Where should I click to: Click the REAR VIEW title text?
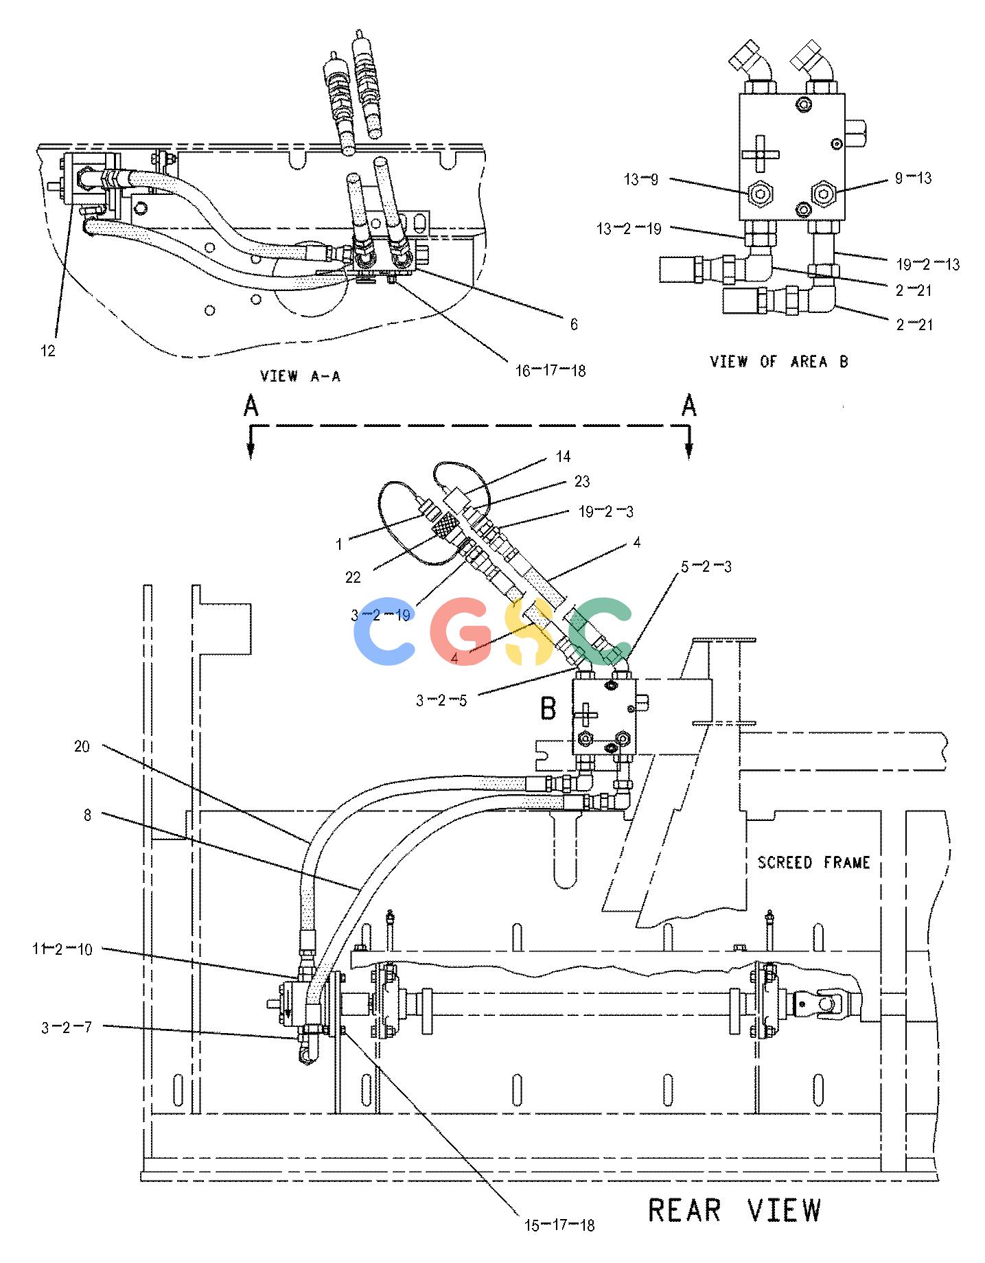point(734,1210)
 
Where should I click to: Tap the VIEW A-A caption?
point(300,375)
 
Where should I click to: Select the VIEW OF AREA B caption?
point(779,361)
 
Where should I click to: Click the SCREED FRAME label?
point(813,862)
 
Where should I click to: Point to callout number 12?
point(47,351)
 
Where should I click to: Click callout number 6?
point(574,324)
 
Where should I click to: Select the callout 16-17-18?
point(551,371)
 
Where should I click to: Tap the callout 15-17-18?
point(559,1225)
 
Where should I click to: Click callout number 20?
point(82,746)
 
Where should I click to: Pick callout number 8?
point(87,815)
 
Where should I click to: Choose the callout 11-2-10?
point(62,950)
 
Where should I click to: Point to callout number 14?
point(563,456)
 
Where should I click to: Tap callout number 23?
point(581,482)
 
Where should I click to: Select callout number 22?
point(353,577)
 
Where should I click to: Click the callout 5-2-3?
point(706,567)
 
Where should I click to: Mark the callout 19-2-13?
point(928,264)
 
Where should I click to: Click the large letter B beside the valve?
point(548,708)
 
